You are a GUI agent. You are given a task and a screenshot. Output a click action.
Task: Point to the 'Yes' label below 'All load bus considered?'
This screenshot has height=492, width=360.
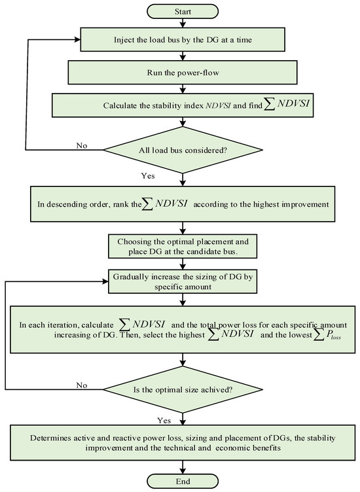[x=149, y=175]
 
